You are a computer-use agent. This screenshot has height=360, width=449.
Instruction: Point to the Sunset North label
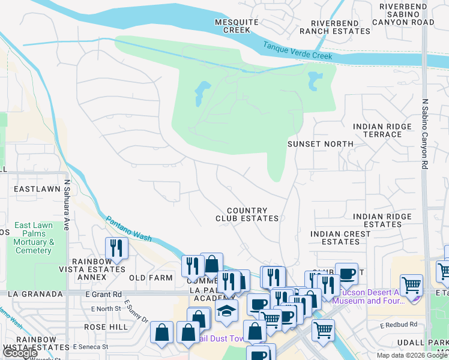321,144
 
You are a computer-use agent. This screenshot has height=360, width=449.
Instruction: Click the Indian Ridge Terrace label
382,130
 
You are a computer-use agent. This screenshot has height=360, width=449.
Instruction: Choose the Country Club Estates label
247,214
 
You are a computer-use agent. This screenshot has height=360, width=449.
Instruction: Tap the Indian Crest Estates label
340,238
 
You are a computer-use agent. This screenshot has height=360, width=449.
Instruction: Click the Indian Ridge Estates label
382,220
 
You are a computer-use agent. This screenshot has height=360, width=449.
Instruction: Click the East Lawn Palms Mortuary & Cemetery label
34,238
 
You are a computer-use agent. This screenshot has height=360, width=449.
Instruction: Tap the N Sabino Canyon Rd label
424,134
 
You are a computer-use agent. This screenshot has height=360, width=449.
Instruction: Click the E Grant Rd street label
104,294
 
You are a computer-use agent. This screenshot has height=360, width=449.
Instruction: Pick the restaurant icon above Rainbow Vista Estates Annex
117,248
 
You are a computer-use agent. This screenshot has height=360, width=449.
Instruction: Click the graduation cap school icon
226,310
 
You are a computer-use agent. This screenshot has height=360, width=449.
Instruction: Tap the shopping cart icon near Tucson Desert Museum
411,285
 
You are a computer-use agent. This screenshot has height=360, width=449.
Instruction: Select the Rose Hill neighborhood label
106,327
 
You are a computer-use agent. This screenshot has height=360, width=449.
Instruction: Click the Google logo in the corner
20,353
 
